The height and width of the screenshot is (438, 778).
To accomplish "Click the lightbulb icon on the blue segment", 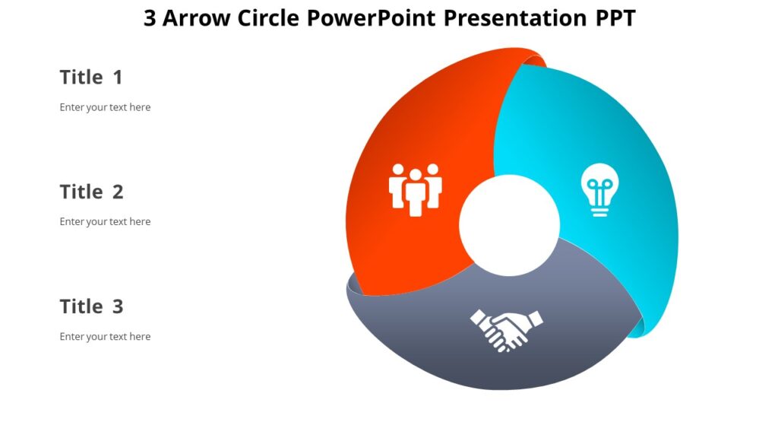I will click(599, 192).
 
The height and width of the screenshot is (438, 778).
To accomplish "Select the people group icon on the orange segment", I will click(415, 188).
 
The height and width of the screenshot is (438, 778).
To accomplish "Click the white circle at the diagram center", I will click(509, 225).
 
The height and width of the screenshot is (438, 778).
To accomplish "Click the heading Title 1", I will click(90, 77).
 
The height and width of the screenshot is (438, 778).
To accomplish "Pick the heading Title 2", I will click(91, 192).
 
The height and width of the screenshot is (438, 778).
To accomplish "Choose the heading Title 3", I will click(91, 306).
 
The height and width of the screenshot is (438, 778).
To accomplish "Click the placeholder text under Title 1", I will click(105, 107).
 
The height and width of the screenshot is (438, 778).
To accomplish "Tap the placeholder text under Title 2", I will click(105, 222).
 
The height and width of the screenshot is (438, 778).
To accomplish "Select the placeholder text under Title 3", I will click(105, 336).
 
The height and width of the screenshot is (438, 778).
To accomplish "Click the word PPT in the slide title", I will click(615, 18).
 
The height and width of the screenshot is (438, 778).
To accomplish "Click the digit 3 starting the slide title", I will click(150, 18).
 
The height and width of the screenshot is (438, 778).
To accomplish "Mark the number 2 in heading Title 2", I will click(118, 192).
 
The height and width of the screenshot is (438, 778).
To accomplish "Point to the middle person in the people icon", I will click(415, 192).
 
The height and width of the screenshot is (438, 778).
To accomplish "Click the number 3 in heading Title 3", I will click(118, 306).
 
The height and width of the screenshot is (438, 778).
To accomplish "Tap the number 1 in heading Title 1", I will click(118, 77).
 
